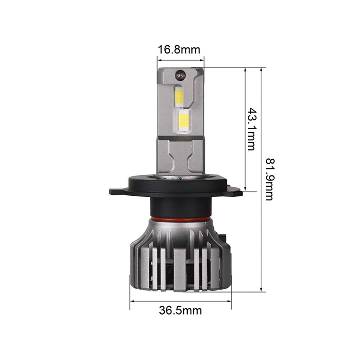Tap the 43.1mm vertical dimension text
coord(251,129)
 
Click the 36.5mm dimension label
coord(180,310)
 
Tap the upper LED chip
coord(179,96)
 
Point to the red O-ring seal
coord(180,218)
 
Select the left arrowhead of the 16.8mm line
coord(159,58)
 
